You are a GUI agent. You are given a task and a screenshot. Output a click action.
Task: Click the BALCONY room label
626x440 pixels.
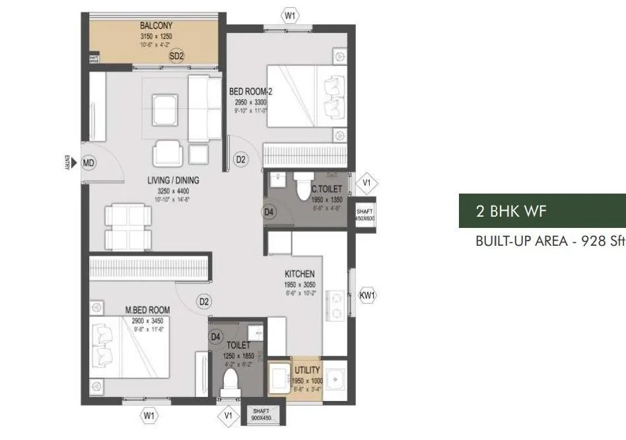pyautogui.click(x=156, y=26)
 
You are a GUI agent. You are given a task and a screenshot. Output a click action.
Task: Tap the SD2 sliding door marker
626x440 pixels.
pyautogui.click(x=176, y=56)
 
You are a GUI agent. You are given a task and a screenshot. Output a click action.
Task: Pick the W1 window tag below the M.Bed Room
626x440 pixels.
pyautogui.click(x=149, y=416)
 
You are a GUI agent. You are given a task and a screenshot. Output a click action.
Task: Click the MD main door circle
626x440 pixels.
pyautogui.click(x=89, y=161)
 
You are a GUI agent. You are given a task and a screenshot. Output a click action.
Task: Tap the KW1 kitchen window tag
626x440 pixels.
pyautogui.click(x=367, y=296)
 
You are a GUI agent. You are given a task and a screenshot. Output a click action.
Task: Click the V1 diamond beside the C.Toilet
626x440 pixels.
pyautogui.click(x=367, y=183)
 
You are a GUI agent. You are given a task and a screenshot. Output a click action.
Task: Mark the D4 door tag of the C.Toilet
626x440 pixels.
pyautogui.click(x=269, y=212)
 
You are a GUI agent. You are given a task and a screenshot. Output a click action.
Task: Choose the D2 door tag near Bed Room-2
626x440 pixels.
pyautogui.click(x=241, y=159)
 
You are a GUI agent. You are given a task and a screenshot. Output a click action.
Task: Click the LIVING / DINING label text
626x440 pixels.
pyautogui.click(x=174, y=180)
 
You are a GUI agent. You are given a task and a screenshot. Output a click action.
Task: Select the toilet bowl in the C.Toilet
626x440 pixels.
pyautogui.click(x=304, y=181)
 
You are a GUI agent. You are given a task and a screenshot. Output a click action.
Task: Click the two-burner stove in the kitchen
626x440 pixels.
pyautogui.click(x=335, y=301)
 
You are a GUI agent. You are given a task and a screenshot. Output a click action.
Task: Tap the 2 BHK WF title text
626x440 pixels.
pyautogui.click(x=507, y=211)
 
